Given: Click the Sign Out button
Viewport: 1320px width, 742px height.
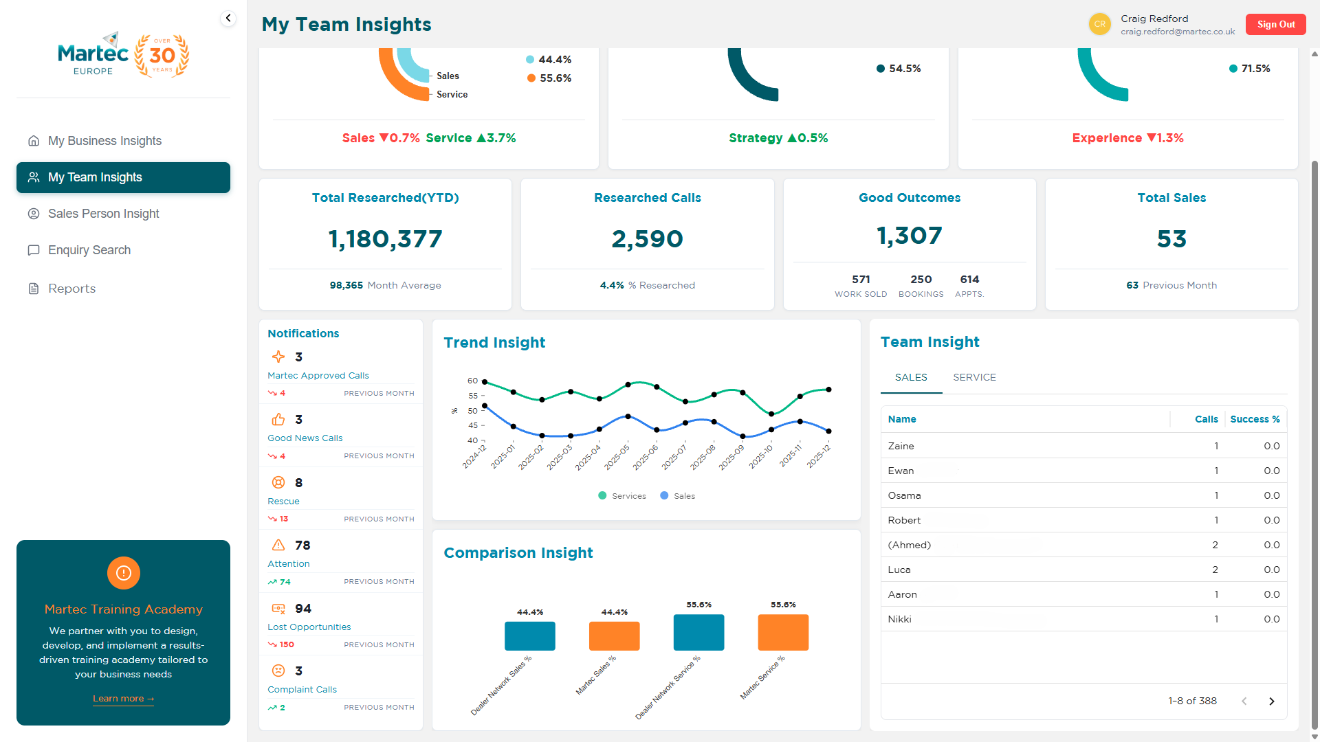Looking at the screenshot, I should pos(1275,24).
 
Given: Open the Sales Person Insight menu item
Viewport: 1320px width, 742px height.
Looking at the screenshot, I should pos(103,214).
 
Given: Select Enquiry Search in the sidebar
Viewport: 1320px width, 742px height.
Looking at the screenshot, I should pos(89,250).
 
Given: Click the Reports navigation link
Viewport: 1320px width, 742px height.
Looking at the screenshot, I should pos(71,289).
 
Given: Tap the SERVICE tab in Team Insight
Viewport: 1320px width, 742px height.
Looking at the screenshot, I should pos(974,377).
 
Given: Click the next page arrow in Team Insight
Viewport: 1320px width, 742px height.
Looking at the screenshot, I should pos(1271,701).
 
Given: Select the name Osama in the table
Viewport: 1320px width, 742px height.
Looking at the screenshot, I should pos(904,495).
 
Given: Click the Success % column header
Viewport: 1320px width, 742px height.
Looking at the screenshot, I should pos(1255,419).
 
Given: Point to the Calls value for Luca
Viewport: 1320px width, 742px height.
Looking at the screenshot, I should pos(1215,570).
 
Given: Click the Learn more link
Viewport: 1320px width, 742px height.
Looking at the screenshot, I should pos(123,699).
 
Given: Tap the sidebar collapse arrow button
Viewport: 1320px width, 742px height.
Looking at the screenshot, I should pos(228,19).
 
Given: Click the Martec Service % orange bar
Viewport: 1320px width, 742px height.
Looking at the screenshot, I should pos(783,632).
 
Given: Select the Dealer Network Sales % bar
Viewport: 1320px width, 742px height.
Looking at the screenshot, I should pos(529,636).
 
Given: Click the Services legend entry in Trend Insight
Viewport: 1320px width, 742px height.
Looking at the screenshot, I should pos(622,496).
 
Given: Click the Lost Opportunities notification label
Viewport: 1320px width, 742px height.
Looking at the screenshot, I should pos(309,627).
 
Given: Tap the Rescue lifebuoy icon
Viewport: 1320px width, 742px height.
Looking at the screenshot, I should pos(278,482).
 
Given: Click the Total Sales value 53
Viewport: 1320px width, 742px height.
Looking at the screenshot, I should pos(1171,239).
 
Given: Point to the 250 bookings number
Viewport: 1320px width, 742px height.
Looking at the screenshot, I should pos(921,280).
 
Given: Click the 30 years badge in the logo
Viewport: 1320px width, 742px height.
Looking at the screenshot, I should pos(162,56).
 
